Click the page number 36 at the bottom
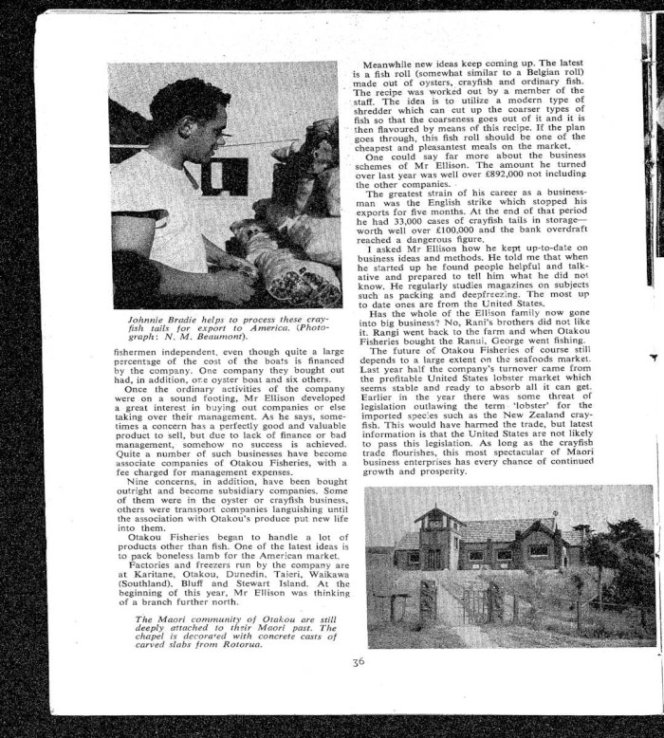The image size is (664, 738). click(x=357, y=663)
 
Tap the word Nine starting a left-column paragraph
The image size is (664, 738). click(x=137, y=484)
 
